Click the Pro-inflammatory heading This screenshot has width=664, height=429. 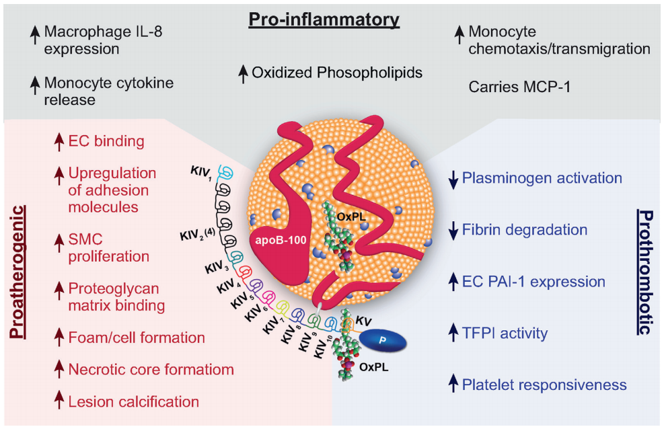(324, 20)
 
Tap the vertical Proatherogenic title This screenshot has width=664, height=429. (17, 272)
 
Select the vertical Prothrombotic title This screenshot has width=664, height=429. (645, 272)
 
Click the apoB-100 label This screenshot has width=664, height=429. (281, 240)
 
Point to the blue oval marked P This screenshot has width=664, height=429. (383, 340)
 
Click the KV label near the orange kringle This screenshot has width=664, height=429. (363, 321)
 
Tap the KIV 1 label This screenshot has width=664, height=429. (201, 173)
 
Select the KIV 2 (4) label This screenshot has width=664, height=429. (198, 235)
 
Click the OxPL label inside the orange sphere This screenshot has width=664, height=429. (351, 217)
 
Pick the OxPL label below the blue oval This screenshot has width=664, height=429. (374, 367)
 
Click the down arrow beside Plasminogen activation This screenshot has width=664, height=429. (453, 180)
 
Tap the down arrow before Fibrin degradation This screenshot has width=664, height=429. (453, 231)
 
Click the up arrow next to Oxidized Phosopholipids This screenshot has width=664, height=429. (243, 74)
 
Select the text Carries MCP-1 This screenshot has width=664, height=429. (519, 87)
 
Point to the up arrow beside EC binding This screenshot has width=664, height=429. (59, 142)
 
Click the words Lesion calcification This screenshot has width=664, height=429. (134, 401)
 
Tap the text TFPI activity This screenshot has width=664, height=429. (505, 334)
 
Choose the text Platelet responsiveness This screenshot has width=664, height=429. (544, 385)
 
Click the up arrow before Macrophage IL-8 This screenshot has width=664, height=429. (35, 35)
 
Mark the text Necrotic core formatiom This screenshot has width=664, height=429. (151, 369)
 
